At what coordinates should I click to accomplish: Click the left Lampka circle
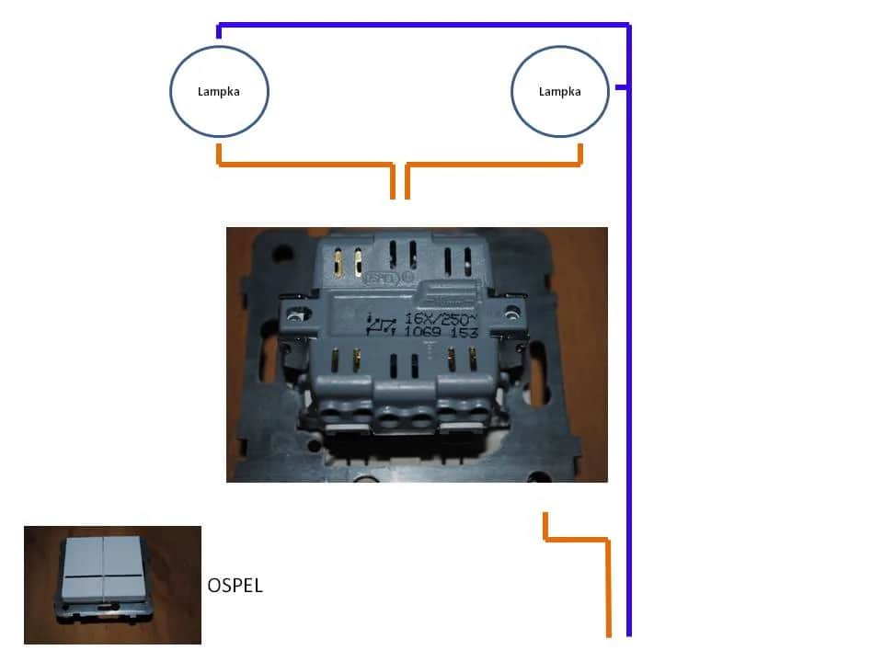click(x=219, y=91)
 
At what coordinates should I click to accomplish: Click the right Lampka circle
click(x=559, y=91)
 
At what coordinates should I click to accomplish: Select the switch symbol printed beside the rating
click(x=382, y=325)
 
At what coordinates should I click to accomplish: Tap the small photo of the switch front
click(x=112, y=584)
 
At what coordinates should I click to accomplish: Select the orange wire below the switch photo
click(x=607, y=579)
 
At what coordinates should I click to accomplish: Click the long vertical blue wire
click(x=628, y=368)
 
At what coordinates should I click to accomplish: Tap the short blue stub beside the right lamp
click(x=621, y=87)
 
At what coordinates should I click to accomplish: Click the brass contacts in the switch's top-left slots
click(x=348, y=262)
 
